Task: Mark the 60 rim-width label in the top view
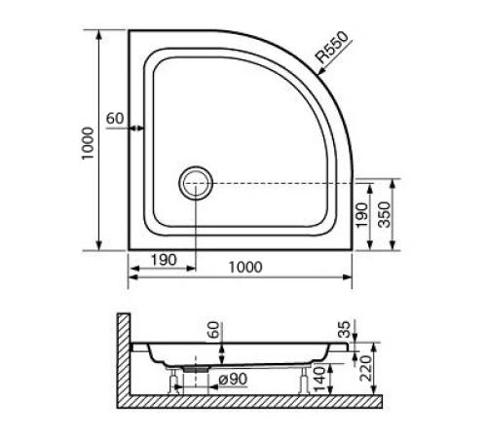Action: point(115,119)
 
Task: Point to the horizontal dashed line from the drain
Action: point(282,182)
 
